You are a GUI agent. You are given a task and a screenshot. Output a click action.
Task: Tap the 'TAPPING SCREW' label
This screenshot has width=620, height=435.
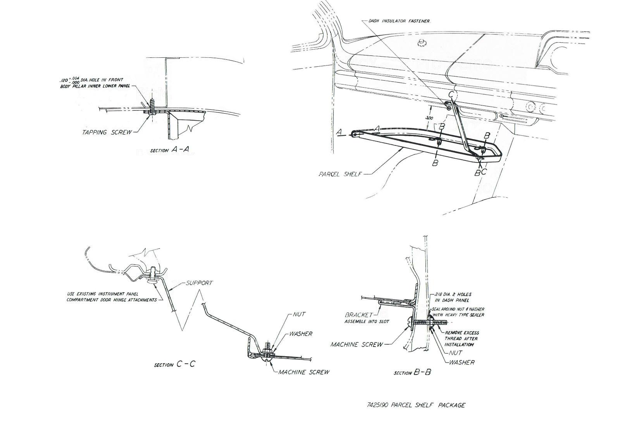pyautogui.click(x=105, y=132)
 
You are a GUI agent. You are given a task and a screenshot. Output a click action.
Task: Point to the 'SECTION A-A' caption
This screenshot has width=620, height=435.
pyautogui.click(x=170, y=150)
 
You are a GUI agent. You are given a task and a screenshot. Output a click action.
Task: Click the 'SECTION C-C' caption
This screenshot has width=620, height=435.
pyautogui.click(x=174, y=364)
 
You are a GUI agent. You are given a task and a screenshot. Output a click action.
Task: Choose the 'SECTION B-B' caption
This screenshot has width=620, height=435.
pyautogui.click(x=412, y=373)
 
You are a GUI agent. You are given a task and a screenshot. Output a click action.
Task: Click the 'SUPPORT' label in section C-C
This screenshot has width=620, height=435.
pyautogui.click(x=199, y=283)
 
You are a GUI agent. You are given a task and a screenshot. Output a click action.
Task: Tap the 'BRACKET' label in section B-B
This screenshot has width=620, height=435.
pyautogui.click(x=359, y=315)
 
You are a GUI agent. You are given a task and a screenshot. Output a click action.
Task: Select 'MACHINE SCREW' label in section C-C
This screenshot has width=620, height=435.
pyautogui.click(x=304, y=372)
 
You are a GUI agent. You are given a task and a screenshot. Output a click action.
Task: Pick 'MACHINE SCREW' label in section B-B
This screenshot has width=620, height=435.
pyautogui.click(x=356, y=344)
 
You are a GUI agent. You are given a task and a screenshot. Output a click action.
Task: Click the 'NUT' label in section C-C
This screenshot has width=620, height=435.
pyautogui.click(x=299, y=314)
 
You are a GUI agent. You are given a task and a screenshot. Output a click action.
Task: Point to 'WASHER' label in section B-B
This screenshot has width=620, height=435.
pyautogui.click(x=462, y=362)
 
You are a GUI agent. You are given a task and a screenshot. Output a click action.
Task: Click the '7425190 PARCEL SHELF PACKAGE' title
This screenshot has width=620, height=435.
pyautogui.click(x=416, y=405)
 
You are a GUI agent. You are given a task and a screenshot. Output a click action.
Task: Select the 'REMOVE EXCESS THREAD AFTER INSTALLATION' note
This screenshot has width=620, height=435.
pyautogui.click(x=462, y=338)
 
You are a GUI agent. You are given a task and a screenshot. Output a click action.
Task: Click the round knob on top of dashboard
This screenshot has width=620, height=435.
pyautogui.click(x=422, y=42)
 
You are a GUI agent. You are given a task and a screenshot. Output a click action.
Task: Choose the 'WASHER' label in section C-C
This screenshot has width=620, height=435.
pyautogui.click(x=301, y=333)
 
